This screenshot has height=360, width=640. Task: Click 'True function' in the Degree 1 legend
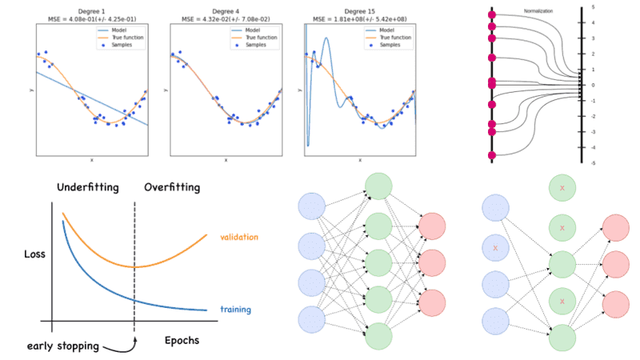[120, 38]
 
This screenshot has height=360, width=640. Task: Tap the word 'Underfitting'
[89, 188]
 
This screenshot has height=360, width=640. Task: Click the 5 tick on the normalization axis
[614, 6]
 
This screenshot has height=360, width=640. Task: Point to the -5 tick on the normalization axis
[614, 163]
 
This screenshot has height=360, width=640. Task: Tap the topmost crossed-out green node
[562, 189]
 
